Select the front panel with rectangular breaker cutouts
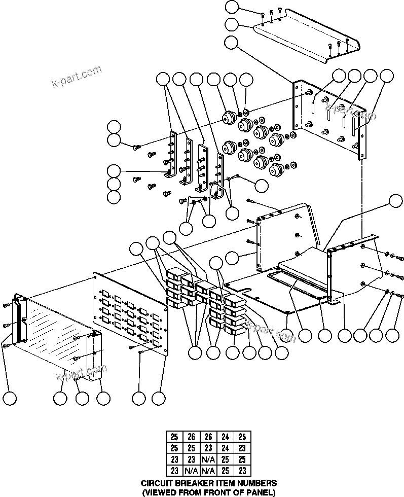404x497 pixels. click(x=130, y=315)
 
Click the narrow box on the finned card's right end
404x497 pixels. click(x=95, y=354)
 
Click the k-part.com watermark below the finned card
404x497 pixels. click(x=81, y=375)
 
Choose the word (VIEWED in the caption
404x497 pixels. click(x=157, y=492)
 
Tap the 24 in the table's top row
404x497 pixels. click(x=225, y=437)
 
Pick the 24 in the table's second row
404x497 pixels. click(x=225, y=448)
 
